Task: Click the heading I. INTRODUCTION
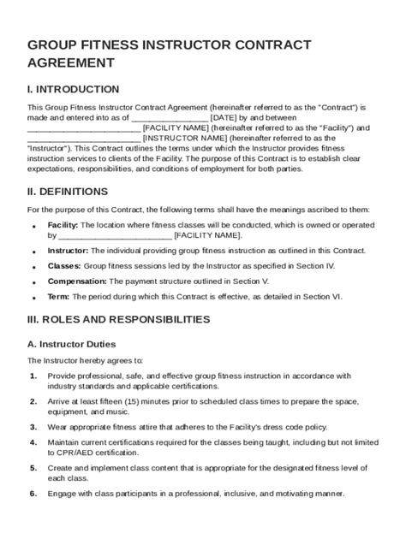click(74, 89)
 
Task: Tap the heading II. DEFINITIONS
click(68, 191)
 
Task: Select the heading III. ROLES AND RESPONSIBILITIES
click(118, 319)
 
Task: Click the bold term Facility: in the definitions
click(63, 224)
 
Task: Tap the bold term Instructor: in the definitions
click(68, 251)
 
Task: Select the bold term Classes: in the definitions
click(64, 266)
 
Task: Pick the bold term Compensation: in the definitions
click(76, 281)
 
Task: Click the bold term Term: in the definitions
click(59, 296)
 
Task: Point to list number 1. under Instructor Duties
click(33, 375)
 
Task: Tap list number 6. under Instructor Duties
click(33, 493)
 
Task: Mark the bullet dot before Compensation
click(33, 282)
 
